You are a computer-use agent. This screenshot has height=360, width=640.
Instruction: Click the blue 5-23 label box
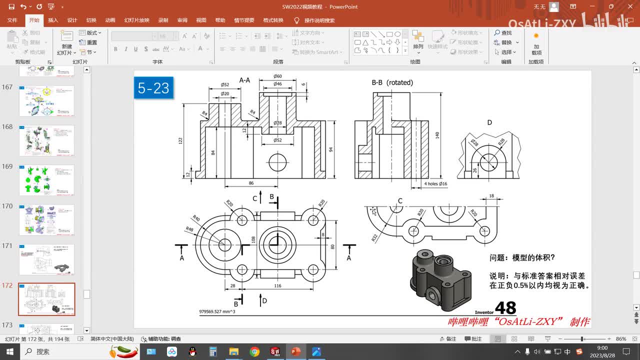[x=153, y=88]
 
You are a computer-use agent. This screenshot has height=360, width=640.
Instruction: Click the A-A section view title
[x=244, y=80]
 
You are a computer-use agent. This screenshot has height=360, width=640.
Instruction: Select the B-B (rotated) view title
[x=392, y=82]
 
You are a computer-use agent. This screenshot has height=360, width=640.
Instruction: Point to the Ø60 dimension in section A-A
[x=277, y=76]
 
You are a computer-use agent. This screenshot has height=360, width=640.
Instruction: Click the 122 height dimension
[x=180, y=141]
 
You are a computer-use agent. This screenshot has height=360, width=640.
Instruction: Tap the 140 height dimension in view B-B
[x=437, y=135]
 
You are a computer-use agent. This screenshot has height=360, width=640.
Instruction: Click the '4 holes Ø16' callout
[x=435, y=184]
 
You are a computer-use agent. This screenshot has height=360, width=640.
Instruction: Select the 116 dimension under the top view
[x=277, y=286]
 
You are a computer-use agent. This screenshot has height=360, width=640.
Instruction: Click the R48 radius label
[x=189, y=229]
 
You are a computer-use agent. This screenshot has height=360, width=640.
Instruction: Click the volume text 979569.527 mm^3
[x=217, y=311]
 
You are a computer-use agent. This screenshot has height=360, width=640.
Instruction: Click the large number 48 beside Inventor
[x=505, y=308]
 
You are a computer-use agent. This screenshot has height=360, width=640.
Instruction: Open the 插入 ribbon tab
[x=53, y=20]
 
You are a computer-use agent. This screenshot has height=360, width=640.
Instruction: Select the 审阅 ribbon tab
[x=182, y=20]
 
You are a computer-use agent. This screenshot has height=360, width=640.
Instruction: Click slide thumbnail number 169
[x=46, y=180]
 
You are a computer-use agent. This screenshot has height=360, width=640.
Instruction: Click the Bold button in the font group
[x=115, y=49]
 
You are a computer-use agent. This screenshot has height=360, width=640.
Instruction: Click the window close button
[x=628, y=6]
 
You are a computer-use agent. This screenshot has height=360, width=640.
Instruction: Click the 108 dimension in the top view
[x=253, y=239]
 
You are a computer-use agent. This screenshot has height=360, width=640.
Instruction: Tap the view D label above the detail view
[x=489, y=122]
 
